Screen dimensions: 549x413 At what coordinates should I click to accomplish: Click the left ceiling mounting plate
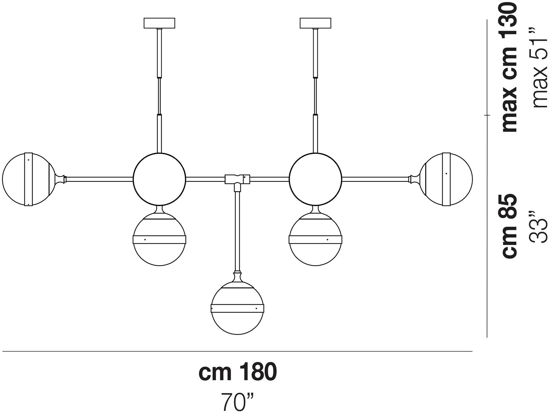point(159,23)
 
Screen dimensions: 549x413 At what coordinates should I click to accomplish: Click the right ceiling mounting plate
point(316,23)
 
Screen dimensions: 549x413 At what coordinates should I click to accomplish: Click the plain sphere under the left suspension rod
point(159,179)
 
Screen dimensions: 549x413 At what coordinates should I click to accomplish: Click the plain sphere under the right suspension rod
point(316,179)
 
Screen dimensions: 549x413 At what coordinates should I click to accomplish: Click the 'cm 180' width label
point(238,372)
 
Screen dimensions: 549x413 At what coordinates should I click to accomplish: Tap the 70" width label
point(238,402)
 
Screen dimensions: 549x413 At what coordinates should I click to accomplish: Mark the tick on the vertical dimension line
point(487,115)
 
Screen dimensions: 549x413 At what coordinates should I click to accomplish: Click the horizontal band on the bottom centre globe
point(237,308)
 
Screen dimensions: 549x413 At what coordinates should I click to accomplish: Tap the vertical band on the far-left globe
point(28,179)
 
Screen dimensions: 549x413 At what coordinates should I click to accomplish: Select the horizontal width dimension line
point(237,351)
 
